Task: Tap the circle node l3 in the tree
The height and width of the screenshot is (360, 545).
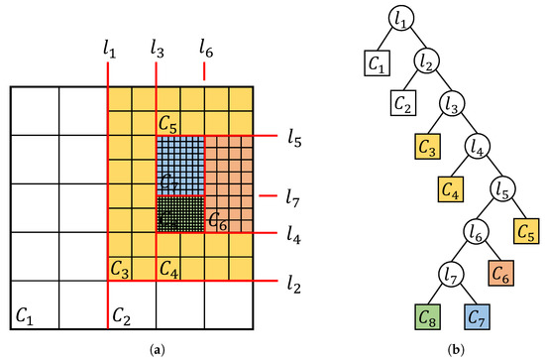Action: (x=453, y=103)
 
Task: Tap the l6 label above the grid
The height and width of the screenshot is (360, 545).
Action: (x=205, y=47)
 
